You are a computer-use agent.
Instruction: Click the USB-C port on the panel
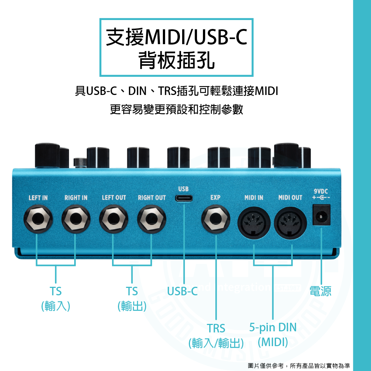[184, 198]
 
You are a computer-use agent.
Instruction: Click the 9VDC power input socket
[321, 215]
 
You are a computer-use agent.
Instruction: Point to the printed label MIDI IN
[254, 198]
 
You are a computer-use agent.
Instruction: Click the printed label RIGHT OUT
[152, 198]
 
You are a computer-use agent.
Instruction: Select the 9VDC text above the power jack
[321, 191]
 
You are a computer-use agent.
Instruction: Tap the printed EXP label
[215, 198]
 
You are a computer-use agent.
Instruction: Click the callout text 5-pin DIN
[273, 327]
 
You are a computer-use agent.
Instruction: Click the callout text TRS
[216, 328]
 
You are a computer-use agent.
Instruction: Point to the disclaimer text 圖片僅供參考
[266, 366]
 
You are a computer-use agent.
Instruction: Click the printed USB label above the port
[184, 190]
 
